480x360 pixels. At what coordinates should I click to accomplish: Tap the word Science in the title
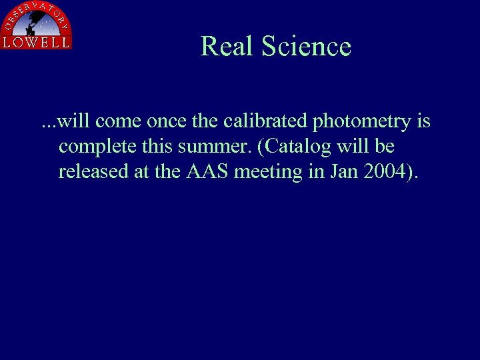pyautogui.click(x=306, y=47)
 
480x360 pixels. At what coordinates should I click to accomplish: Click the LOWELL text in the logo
pyautogui.click(x=36, y=42)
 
